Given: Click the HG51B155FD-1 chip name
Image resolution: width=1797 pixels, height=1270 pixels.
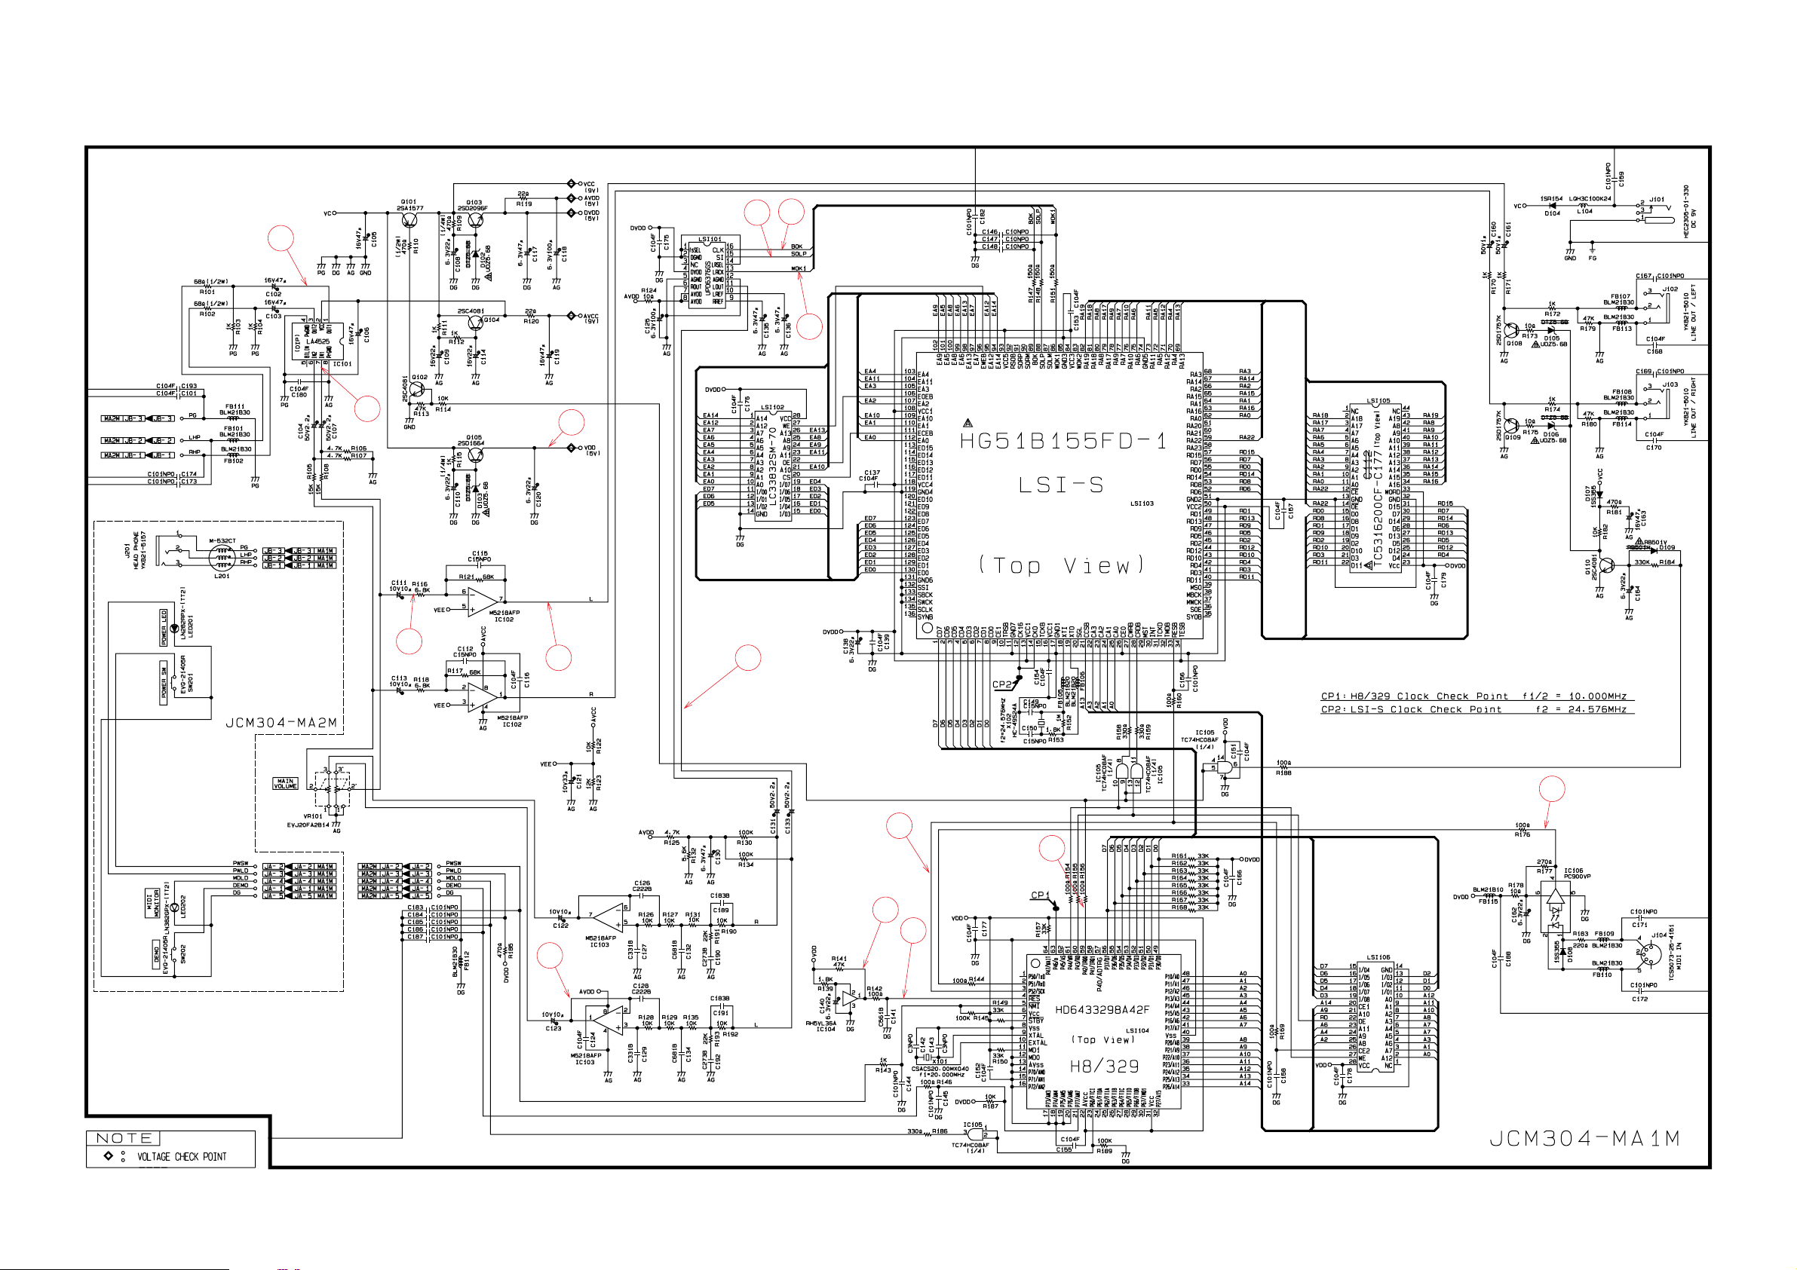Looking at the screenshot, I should click(1062, 442).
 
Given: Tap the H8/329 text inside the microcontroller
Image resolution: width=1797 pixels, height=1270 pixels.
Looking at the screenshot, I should click(1103, 1066).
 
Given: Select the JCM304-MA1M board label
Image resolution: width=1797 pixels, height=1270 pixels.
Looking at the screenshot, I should click(1584, 1139).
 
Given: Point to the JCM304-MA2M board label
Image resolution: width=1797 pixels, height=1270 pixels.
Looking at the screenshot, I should click(282, 722).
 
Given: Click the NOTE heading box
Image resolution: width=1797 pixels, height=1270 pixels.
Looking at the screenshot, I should click(124, 1138).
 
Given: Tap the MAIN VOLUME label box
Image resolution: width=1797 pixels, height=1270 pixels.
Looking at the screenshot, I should click(285, 782).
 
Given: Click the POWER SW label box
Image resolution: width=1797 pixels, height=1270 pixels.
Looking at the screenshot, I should click(164, 681).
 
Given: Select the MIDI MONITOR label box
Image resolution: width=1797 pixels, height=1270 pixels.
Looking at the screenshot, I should click(151, 903).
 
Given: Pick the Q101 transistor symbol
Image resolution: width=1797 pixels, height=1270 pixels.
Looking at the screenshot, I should click(409, 222).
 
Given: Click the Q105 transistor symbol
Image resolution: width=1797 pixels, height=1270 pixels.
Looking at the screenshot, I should click(474, 454).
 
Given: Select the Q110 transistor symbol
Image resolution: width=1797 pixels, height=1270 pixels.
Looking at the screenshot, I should click(1607, 565).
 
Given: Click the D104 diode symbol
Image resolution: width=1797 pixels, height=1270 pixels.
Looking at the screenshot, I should click(1553, 206).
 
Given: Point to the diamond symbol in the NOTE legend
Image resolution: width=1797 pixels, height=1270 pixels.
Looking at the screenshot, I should click(108, 1155).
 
